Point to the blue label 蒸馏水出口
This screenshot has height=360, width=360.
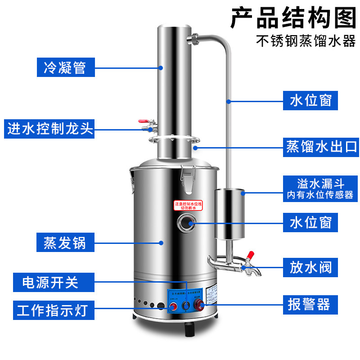click(321, 147)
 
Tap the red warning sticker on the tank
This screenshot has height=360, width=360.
click(188, 205)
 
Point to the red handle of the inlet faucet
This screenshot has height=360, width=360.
click(143, 121)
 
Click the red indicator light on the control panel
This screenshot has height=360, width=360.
click(172, 307)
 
